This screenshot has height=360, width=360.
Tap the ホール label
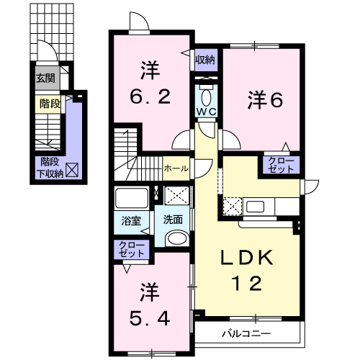pyautogui.click(x=176, y=168)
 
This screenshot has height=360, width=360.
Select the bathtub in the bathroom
pyautogui.click(x=131, y=198)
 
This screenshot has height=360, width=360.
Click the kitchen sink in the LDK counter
pyautogui.click(x=257, y=207)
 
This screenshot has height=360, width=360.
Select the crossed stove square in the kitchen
pyautogui.click(x=232, y=207)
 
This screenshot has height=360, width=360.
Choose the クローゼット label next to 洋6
pyautogui.click(x=280, y=165)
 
